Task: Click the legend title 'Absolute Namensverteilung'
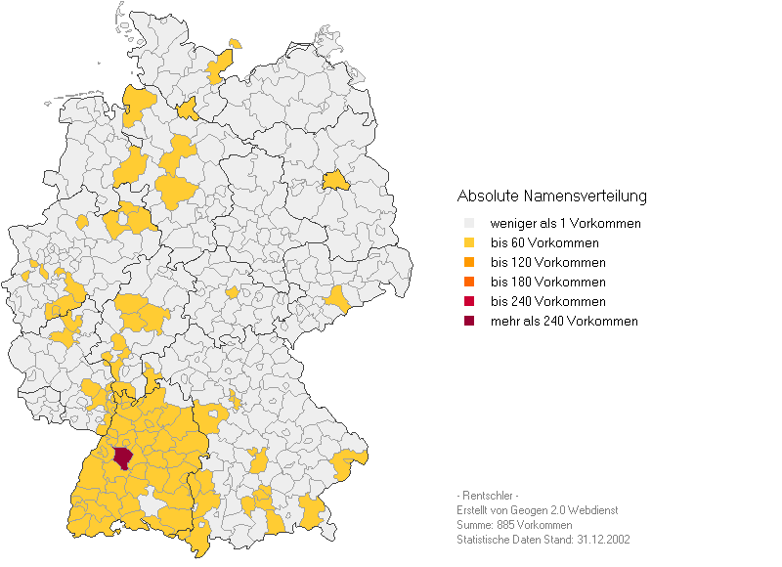tap(551, 196)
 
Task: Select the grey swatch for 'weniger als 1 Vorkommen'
tap(469, 224)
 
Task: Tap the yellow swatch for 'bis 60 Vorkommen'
tap(469, 243)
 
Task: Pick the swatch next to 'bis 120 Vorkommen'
tap(469, 263)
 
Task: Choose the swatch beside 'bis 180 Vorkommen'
tap(469, 283)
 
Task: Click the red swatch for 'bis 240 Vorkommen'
tap(469, 302)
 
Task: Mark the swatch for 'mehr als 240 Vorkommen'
tap(469, 322)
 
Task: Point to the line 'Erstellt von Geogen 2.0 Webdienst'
tap(537, 510)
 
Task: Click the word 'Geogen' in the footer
tap(529, 510)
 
